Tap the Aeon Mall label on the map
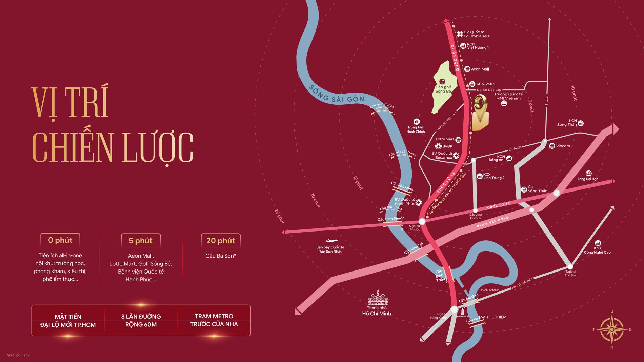tap(480, 69)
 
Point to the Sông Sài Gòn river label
tap(336, 94)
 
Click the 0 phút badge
tap(60, 240)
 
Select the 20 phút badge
tap(221, 241)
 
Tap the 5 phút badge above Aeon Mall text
tap(141, 241)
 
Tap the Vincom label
tap(563, 146)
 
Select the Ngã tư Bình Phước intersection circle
tap(422, 222)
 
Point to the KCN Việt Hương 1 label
tap(478, 46)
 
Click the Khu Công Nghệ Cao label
tap(597, 250)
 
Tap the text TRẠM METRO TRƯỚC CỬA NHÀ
tap(214, 320)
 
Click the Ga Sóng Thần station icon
tap(524, 189)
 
